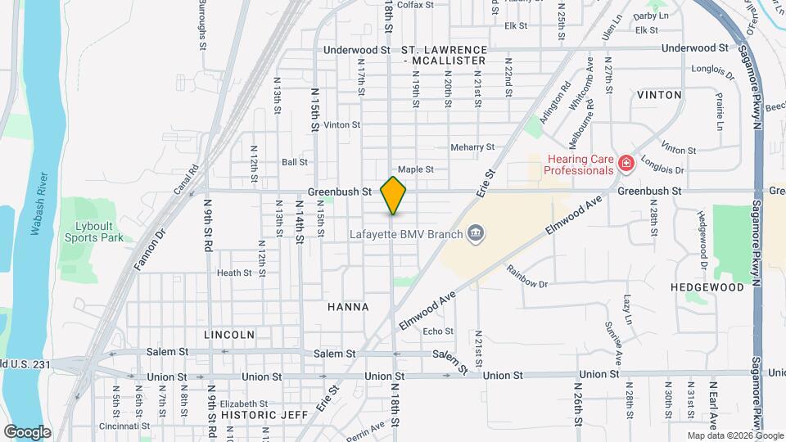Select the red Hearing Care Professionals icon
(626, 165)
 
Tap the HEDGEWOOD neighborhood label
(707, 287)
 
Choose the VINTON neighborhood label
(658, 95)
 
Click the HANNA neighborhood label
(348, 307)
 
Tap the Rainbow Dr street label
(526, 277)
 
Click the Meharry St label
(472, 147)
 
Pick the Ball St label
(294, 162)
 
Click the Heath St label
(233, 273)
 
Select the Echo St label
(438, 331)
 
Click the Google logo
(27, 431)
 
